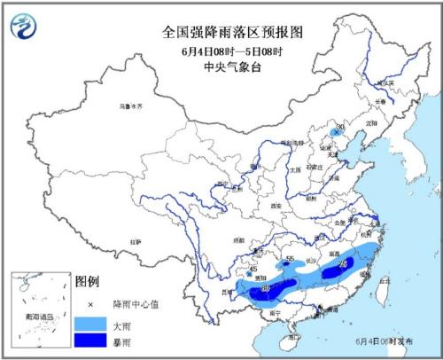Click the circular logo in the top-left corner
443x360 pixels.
25,27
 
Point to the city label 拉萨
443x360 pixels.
135,240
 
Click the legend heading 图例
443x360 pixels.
86,282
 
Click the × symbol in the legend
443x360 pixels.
91,304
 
